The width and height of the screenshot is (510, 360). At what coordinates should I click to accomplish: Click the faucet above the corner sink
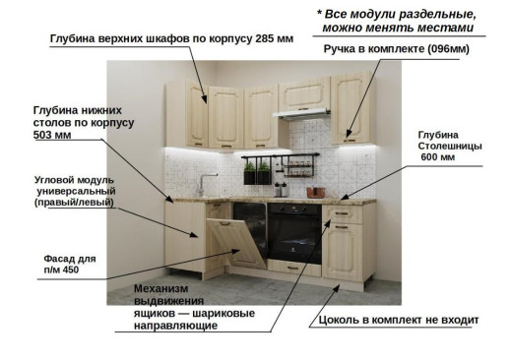point(203,184)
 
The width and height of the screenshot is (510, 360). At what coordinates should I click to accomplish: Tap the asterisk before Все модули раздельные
point(320,14)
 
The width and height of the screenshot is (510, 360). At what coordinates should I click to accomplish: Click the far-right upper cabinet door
point(351,107)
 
